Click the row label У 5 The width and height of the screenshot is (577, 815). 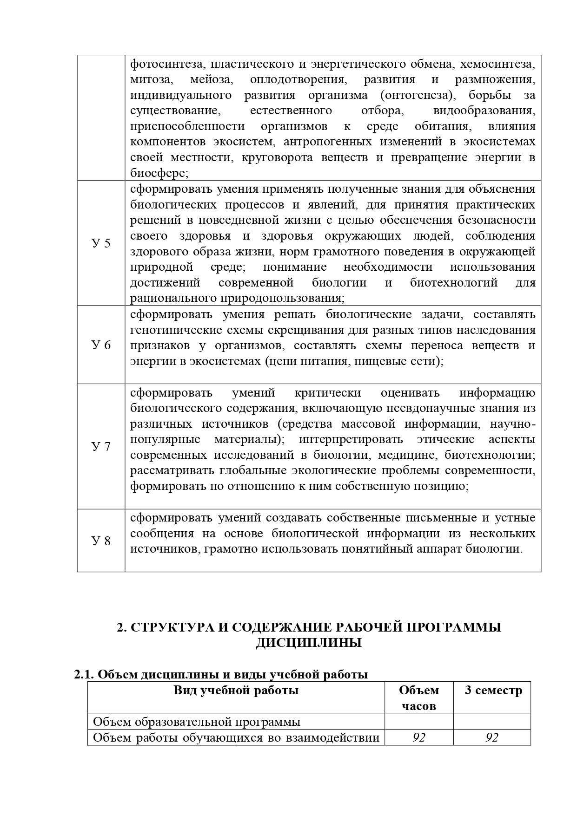(x=101, y=243)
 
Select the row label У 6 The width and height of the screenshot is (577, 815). (x=101, y=345)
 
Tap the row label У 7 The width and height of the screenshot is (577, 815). (x=101, y=447)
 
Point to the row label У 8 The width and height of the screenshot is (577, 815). (x=101, y=541)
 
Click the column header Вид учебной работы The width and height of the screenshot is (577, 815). (x=236, y=691)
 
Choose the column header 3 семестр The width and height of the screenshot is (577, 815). (x=493, y=691)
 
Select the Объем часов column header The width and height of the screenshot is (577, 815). (x=418, y=698)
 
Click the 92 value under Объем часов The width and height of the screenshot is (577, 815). (x=418, y=737)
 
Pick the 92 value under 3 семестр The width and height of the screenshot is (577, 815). (x=491, y=737)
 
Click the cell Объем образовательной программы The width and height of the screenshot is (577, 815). (x=197, y=722)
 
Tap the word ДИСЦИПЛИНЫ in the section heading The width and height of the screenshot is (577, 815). (x=309, y=644)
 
